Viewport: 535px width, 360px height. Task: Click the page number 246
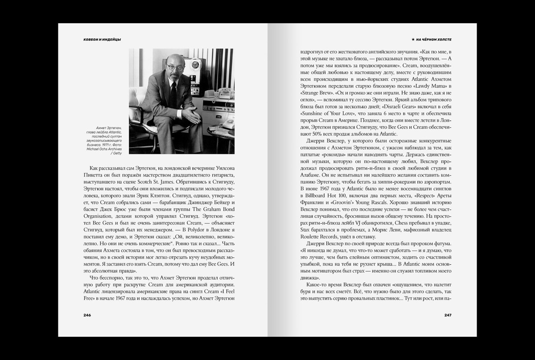click(x=87, y=315)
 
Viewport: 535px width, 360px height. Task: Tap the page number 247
click(x=448, y=315)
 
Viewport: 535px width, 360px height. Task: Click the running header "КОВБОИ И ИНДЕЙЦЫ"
click(x=102, y=40)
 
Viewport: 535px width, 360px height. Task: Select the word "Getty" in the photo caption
click(x=117, y=153)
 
